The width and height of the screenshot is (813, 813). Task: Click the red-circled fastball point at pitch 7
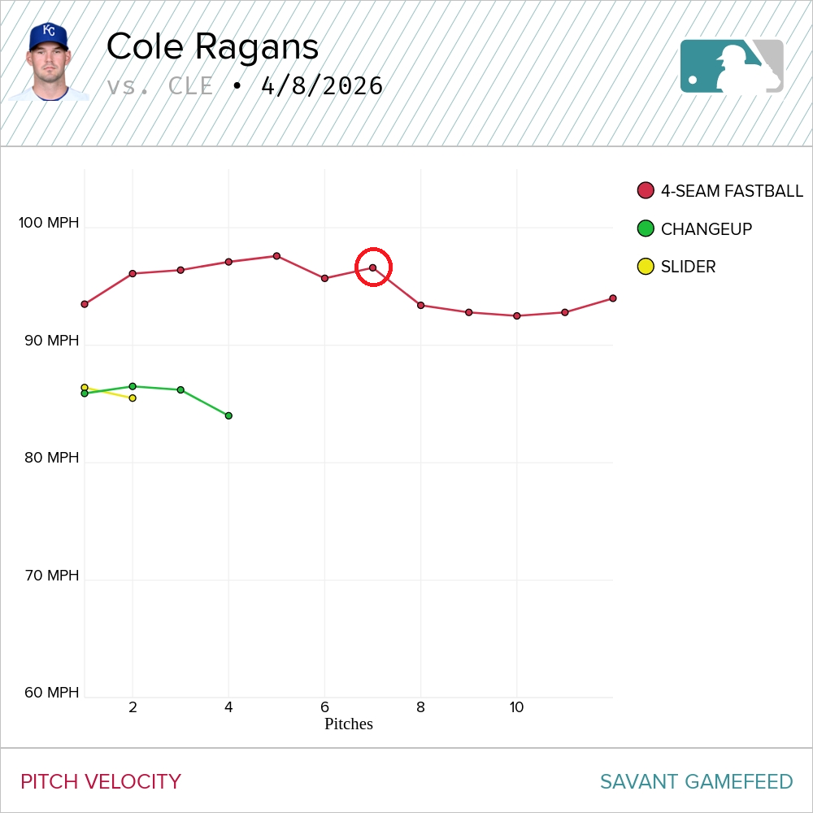point(373,267)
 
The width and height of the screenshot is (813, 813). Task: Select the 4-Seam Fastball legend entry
point(721,191)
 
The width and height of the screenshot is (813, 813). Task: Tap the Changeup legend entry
point(695,229)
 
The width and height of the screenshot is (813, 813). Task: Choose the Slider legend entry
point(677,267)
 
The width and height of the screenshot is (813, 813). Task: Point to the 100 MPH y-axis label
point(49,223)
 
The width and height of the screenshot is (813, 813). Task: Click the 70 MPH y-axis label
point(51,576)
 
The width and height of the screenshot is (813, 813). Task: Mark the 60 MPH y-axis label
point(51,693)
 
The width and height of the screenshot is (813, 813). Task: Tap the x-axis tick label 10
point(516,707)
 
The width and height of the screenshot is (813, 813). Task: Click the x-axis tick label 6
point(324,707)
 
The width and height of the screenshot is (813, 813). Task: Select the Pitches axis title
point(348,724)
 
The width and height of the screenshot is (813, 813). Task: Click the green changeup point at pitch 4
point(228,415)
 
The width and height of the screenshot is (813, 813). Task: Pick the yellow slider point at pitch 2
point(133,398)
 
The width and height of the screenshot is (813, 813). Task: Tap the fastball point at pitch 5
point(276,256)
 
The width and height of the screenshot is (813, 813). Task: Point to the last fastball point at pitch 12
point(612,298)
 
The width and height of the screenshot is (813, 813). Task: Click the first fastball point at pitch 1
point(85,304)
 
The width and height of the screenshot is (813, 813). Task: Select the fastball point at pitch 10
point(516,315)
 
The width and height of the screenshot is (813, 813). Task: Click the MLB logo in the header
point(732,66)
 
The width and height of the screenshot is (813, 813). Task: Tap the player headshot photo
point(50,62)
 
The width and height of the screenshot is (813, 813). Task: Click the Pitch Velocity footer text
point(101,782)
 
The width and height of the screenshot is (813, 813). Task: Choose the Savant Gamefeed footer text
point(696,782)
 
